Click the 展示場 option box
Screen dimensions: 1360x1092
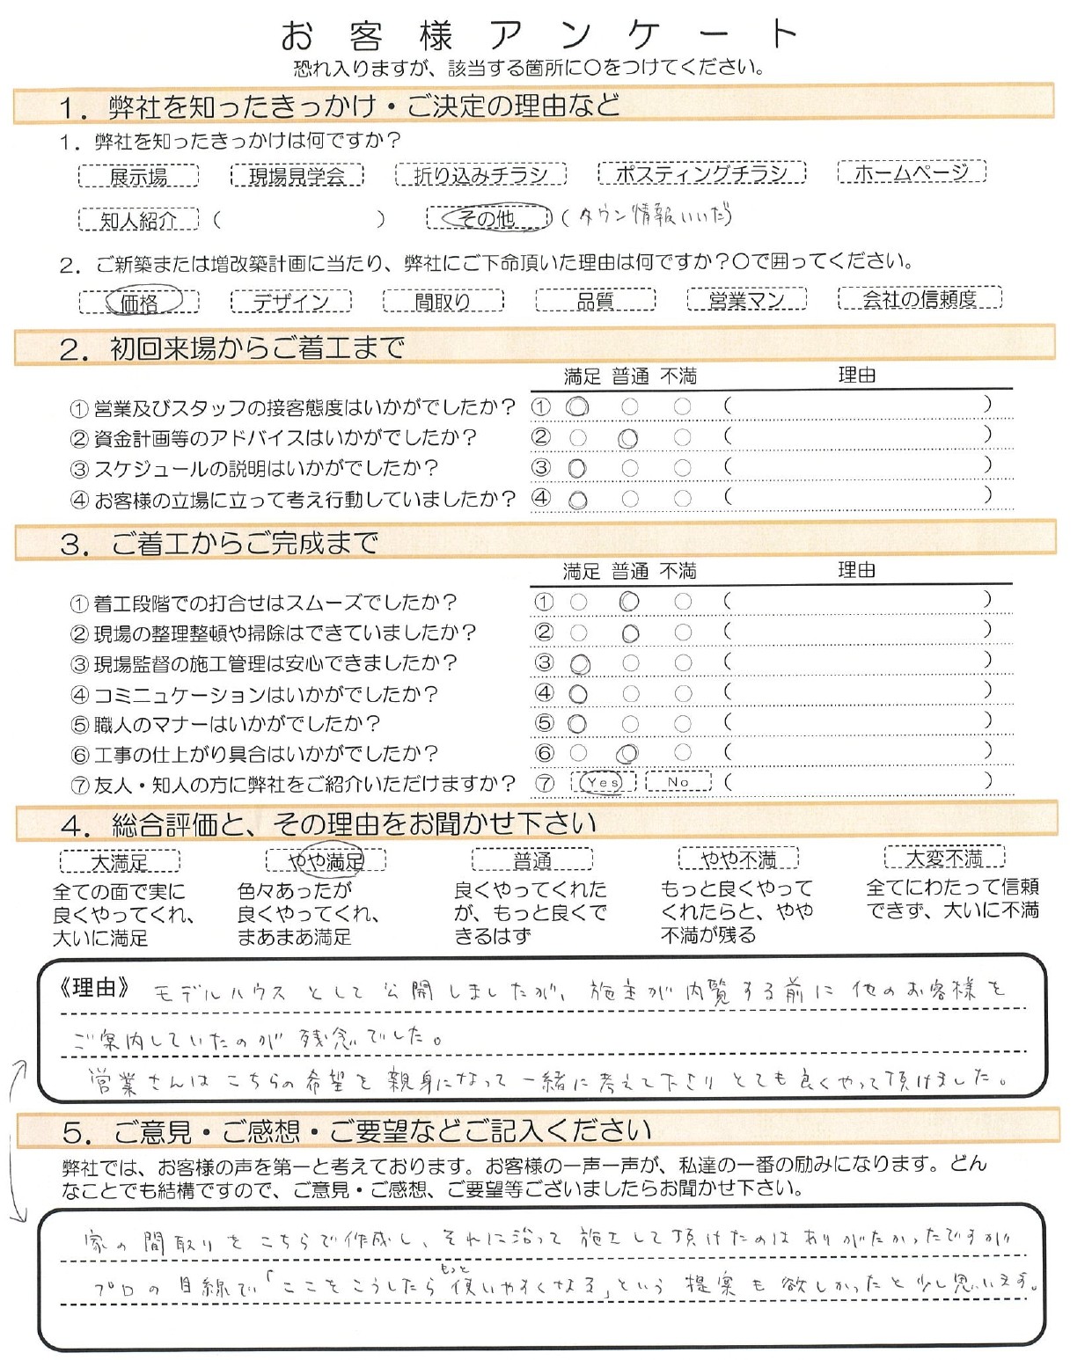click(x=138, y=177)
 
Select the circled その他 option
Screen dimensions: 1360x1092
click(x=488, y=217)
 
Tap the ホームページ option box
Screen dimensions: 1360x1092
click(x=911, y=172)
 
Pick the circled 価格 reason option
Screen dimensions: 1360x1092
click(x=140, y=302)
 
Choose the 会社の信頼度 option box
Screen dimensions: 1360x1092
click(x=920, y=299)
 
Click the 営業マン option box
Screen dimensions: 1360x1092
click(x=746, y=300)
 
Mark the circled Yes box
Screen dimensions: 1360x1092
click(x=604, y=782)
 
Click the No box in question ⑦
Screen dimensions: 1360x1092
click(x=678, y=781)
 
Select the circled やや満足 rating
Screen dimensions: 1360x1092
click(x=326, y=859)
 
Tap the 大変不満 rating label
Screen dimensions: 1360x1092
click(x=944, y=857)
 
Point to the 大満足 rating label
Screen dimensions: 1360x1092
click(x=120, y=861)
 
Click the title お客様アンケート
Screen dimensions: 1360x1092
click(x=539, y=35)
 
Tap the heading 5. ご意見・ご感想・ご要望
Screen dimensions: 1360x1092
click(x=356, y=1131)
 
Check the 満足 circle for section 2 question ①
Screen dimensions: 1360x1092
click(x=578, y=407)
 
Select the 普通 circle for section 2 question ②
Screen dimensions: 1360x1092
click(x=628, y=438)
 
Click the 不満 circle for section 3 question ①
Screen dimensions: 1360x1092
click(x=683, y=603)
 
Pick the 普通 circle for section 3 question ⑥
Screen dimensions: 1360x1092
click(x=628, y=754)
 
